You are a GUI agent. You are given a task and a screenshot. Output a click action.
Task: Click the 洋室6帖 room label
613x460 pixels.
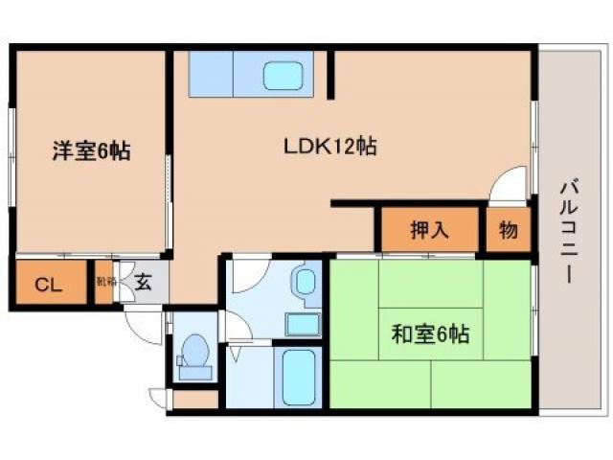(x=91, y=150)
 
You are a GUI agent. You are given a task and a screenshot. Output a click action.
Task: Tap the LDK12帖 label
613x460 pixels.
(x=329, y=147)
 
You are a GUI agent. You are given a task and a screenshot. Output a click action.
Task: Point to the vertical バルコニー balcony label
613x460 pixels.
(x=567, y=230)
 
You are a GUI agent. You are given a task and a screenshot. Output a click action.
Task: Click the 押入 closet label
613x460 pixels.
(x=429, y=230)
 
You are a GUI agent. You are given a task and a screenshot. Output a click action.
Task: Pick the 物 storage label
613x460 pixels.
(x=507, y=230)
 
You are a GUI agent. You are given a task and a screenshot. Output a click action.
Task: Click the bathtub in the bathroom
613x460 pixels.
(x=299, y=378)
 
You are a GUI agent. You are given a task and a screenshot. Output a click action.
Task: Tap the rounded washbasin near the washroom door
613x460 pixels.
(x=306, y=283)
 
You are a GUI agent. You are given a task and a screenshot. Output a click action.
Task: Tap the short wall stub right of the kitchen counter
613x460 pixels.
(x=331, y=74)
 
